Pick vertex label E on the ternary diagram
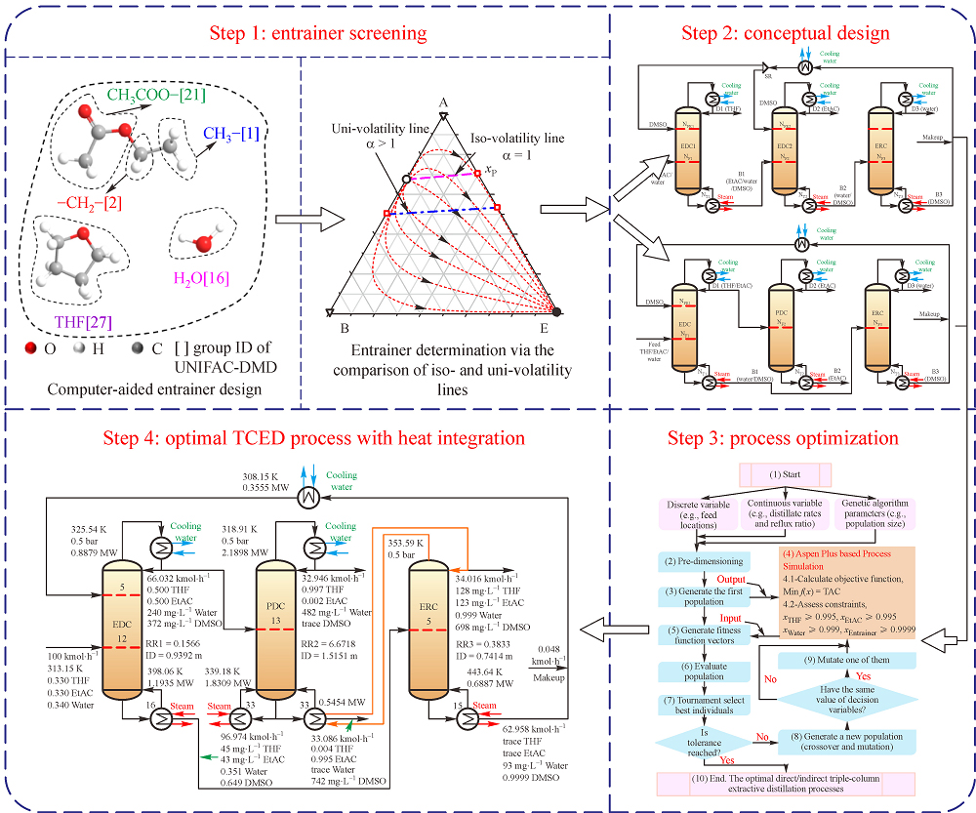(557, 329)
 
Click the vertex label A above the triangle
(442, 103)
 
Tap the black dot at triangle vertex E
(557, 312)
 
